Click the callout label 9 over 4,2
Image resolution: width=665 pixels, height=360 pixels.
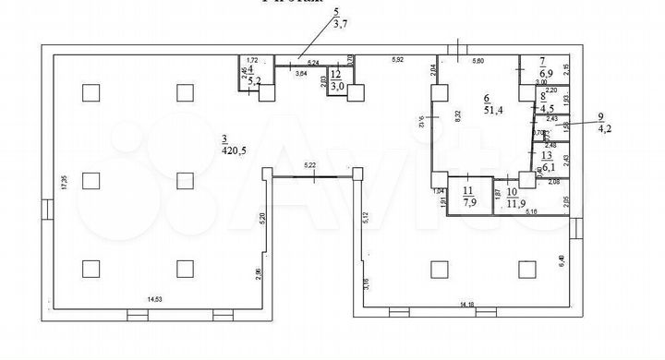coord(605,122)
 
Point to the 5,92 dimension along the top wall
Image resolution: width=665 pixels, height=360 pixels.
coord(398,60)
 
